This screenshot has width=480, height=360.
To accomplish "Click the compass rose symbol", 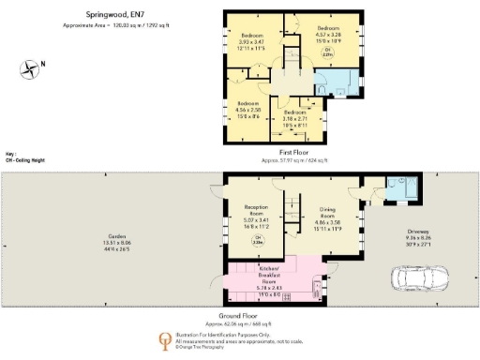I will [x=33, y=67].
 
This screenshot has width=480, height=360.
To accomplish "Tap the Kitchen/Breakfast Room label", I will [x=271, y=278].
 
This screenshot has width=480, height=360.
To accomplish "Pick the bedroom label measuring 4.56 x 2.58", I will [x=247, y=108].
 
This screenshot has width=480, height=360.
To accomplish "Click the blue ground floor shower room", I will [x=403, y=190].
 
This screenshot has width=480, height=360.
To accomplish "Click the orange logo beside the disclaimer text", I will [x=165, y=339].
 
